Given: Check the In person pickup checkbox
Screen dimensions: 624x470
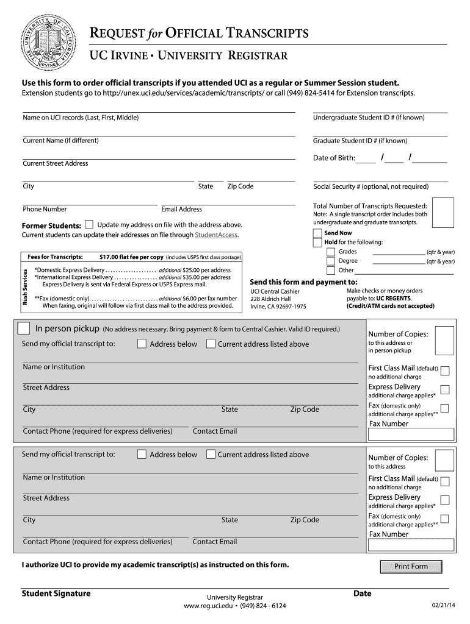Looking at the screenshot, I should click(24, 328).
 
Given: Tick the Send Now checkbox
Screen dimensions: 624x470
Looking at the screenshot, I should click(316, 233).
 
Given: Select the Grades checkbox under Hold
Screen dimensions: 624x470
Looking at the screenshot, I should click(330, 252).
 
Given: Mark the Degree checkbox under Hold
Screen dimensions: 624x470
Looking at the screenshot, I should click(330, 261).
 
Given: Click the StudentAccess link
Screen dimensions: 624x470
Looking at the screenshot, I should click(215, 235).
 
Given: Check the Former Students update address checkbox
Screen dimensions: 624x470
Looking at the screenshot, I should click(89, 224).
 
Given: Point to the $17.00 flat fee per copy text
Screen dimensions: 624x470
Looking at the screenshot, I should click(131, 257).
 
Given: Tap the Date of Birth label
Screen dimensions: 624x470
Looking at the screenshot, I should click(333, 158).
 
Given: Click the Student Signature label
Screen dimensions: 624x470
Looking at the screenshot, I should click(56, 594).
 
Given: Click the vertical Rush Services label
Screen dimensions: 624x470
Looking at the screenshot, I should click(26, 287).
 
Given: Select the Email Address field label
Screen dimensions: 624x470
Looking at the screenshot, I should click(181, 209).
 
